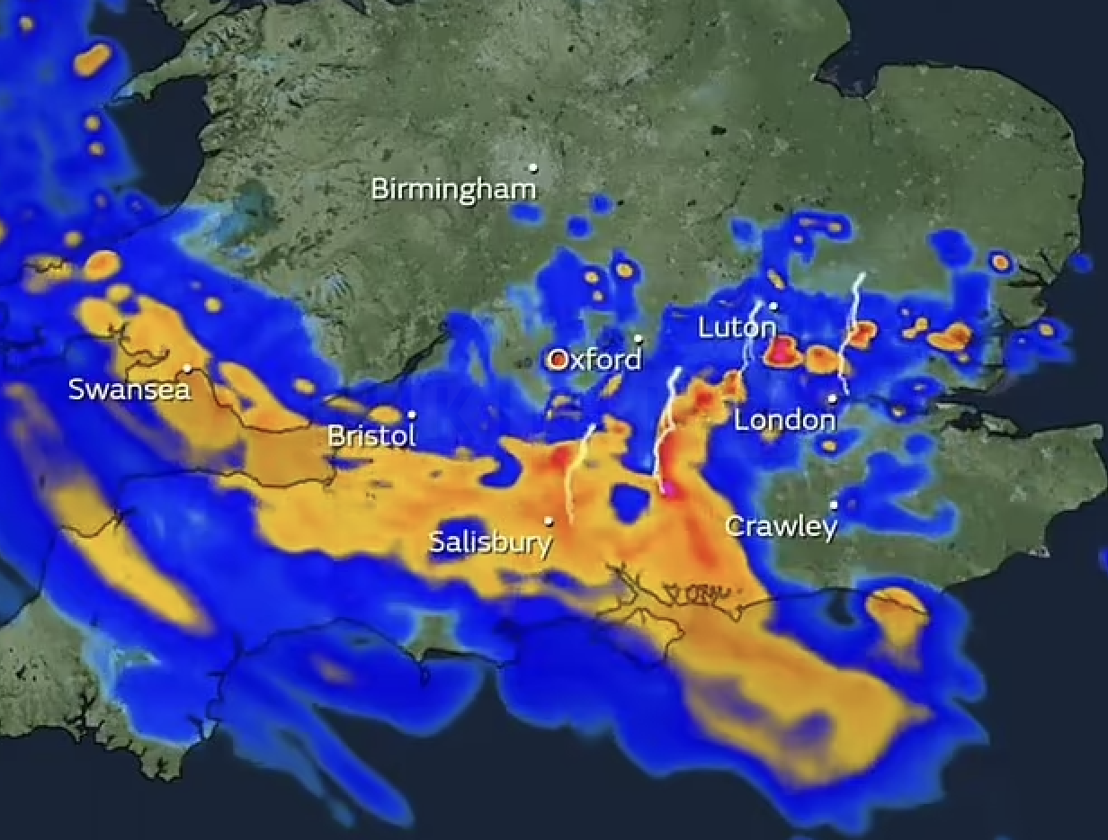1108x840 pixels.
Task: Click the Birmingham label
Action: tap(452, 190)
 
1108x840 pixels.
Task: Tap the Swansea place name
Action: tap(129, 389)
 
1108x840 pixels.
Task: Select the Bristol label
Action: tap(371, 436)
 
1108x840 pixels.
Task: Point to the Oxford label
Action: tap(594, 361)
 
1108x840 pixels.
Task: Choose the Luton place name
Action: tap(737, 328)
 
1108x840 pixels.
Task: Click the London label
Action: tap(785, 420)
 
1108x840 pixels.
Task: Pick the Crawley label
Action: tap(781, 526)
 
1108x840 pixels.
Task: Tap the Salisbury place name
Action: tap(489, 542)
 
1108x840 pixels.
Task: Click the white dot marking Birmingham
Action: tap(533, 167)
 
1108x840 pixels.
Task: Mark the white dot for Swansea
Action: tap(187, 368)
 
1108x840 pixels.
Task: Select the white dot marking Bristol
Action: tap(412, 415)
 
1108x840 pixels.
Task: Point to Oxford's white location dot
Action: tap(639, 339)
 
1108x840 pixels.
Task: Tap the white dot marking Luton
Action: tap(773, 307)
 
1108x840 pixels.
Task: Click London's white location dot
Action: tap(833, 398)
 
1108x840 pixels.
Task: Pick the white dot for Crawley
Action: tap(834, 505)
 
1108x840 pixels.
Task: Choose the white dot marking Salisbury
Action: tap(549, 521)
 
